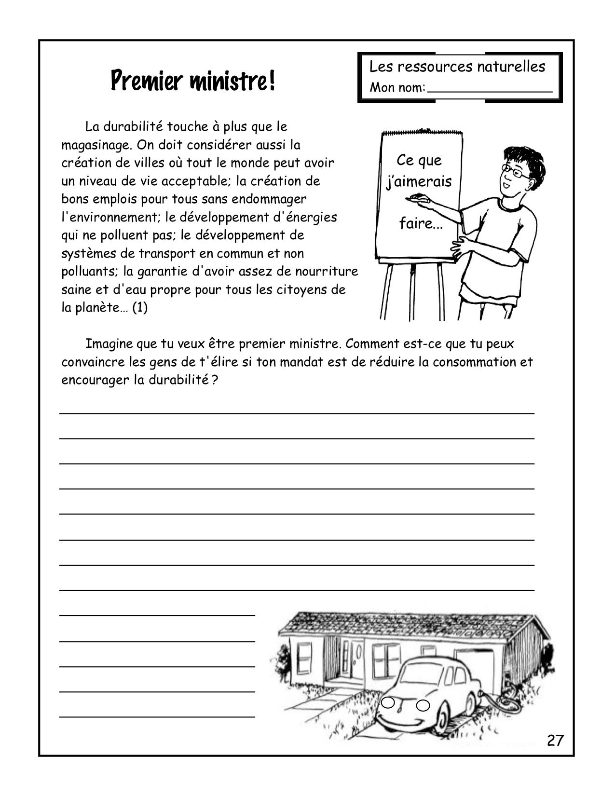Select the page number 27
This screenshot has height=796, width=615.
tap(555, 741)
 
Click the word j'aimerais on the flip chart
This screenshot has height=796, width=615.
tap(419, 181)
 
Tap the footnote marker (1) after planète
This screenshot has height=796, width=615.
tap(139, 308)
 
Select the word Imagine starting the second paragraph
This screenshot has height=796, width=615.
tap(109, 344)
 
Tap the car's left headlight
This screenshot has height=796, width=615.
tap(388, 703)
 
